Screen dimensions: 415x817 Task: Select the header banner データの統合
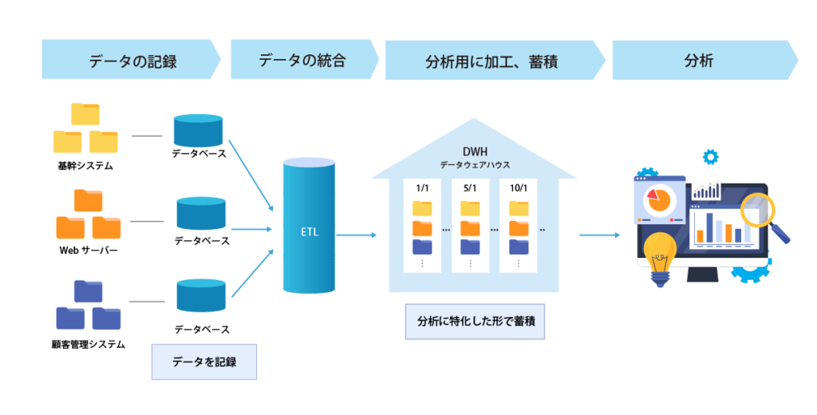click(x=303, y=61)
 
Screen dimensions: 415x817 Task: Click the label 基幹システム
click(x=85, y=167)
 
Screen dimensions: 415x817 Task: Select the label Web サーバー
click(x=88, y=251)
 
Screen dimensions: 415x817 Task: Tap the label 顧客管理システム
click(x=88, y=344)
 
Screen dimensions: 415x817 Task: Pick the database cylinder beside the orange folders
click(x=202, y=214)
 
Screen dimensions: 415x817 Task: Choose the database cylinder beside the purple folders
click(x=202, y=295)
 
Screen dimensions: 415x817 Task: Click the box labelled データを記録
click(x=204, y=362)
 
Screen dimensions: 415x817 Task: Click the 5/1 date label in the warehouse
click(x=470, y=188)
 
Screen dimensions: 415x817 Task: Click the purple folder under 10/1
click(x=519, y=246)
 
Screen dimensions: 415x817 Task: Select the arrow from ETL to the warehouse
click(x=357, y=235)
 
